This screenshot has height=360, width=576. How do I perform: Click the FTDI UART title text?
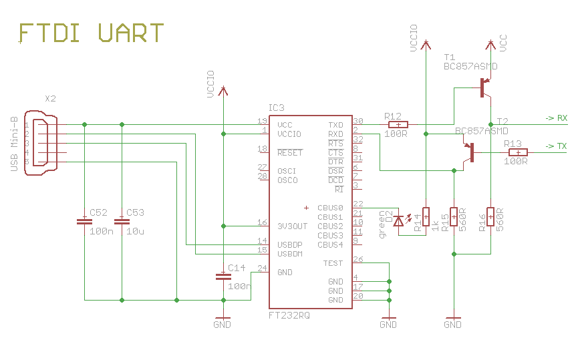[91, 33]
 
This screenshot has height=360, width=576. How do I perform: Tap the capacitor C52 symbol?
[84, 221]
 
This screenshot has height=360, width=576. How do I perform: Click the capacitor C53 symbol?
[122, 221]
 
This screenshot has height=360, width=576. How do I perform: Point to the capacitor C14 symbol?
[223, 276]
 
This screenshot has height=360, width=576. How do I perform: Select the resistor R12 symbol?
[398, 124]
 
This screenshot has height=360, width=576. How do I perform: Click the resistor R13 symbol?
[518, 152]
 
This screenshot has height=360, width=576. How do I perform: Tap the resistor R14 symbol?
[426, 216]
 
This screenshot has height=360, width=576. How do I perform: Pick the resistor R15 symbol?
[454, 216]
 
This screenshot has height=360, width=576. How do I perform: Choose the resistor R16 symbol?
[490, 216]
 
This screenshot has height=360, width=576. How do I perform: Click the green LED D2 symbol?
[399, 220]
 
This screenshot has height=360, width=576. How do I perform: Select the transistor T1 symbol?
[484, 87]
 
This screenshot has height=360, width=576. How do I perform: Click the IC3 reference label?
[276, 108]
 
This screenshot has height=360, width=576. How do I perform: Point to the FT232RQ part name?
[289, 315]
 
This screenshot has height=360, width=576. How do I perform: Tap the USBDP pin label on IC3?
[290, 245]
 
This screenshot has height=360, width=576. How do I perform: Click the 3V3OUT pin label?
[292, 226]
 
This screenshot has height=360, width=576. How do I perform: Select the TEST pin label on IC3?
[333, 263]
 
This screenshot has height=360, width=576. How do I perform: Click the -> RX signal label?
[556, 118]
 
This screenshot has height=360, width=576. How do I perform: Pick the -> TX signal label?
[556, 146]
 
